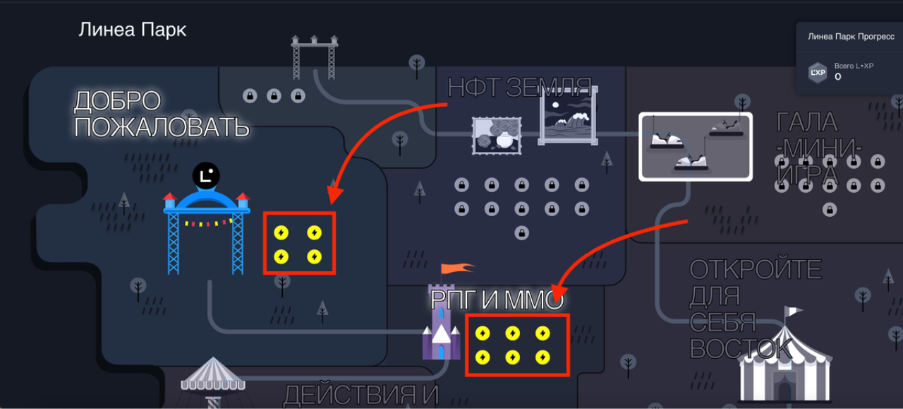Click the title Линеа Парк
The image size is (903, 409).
point(132,30)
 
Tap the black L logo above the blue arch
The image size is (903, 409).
point(206,176)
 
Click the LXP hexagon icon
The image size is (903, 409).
point(818,73)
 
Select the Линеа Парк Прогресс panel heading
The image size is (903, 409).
point(851,37)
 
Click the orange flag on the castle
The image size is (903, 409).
point(458,268)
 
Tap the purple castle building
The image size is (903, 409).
point(441,322)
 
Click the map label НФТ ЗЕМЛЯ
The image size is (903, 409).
point(520,87)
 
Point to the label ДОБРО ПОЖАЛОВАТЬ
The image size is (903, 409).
point(162,114)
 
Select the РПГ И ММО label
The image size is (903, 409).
point(497,300)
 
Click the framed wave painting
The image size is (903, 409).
point(568,115)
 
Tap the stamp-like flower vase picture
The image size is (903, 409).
point(497,136)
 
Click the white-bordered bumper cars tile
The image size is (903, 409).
point(696,146)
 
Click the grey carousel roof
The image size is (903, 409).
point(212,374)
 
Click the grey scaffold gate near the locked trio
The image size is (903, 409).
point(315,58)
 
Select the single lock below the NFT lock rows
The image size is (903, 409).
point(521,233)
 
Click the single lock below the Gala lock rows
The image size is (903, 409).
point(830,210)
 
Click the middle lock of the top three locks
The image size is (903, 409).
point(274,96)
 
